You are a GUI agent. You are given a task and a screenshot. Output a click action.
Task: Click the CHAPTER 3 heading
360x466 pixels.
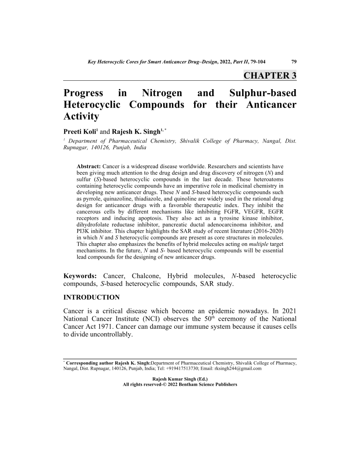click(270, 75)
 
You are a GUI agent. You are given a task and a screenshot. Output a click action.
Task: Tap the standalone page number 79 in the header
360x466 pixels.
click(292, 62)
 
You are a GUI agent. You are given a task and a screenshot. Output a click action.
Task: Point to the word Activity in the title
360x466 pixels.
click(82, 117)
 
